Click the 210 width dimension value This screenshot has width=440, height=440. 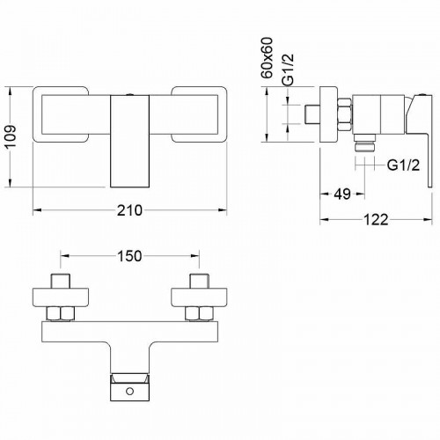tap(129, 210)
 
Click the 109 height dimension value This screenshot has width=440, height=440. tap(11, 137)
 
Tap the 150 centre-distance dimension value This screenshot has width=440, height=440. tap(129, 256)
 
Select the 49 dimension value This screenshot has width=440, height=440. tap(342, 194)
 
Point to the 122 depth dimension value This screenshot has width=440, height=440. tap(376, 220)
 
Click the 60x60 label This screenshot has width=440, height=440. tap(267, 58)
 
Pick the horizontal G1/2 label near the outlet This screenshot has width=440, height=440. tap(403, 165)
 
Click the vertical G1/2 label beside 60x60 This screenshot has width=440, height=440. tap(288, 70)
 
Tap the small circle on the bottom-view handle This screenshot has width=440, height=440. tap(129, 391)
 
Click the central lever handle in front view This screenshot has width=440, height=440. tap(129, 141)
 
